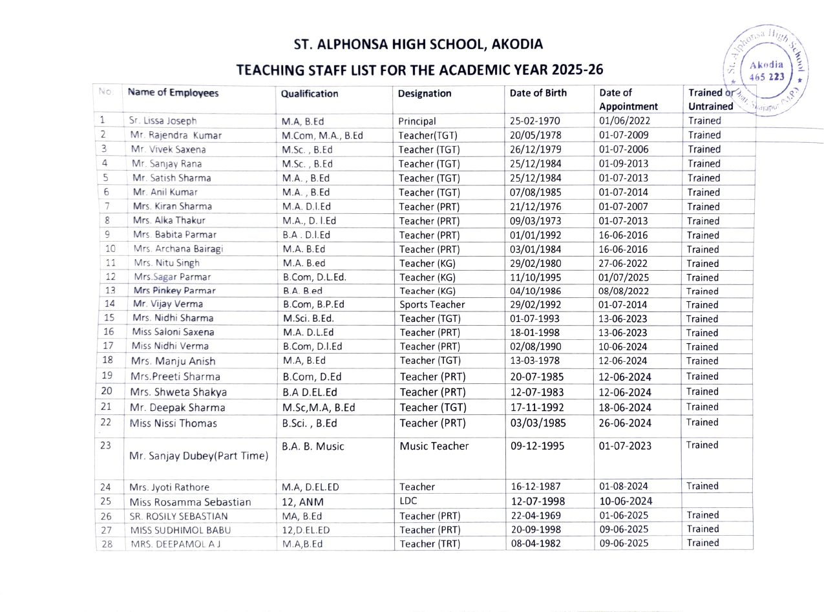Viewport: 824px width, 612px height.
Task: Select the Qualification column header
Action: pyautogui.click(x=309, y=94)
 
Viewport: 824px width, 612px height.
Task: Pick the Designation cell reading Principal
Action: pyautogui.click(x=417, y=121)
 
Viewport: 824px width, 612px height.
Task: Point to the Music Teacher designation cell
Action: pyautogui.click(x=432, y=447)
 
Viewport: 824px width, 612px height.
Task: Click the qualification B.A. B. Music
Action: pyautogui.click(x=313, y=447)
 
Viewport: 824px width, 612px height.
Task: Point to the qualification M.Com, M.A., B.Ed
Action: pyautogui.click(x=321, y=136)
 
